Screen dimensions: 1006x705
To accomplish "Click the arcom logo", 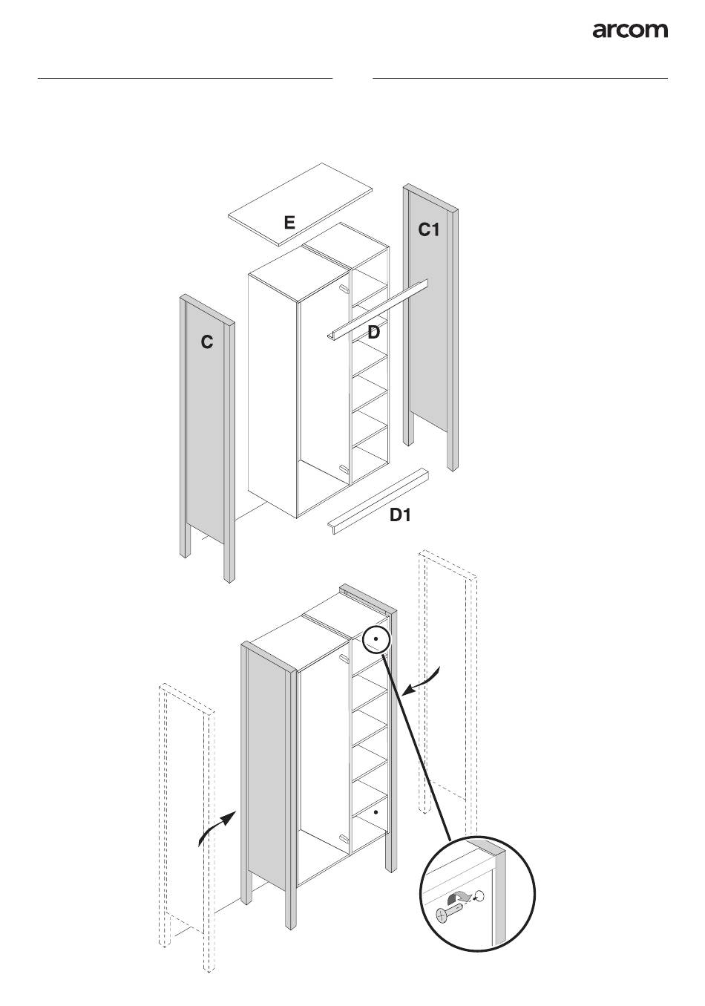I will click(629, 30).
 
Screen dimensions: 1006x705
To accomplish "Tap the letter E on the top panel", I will click(289, 222).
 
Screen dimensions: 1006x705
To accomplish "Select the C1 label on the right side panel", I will click(429, 230).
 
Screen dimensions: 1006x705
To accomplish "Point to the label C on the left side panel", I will click(207, 342).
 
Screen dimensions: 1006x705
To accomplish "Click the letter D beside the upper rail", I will click(374, 333).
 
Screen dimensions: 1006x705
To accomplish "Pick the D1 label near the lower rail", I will click(401, 515).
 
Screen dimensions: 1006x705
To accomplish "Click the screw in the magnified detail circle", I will click(448, 910).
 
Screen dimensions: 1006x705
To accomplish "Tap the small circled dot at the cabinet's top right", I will click(377, 638).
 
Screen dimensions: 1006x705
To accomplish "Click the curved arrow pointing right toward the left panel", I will click(217, 826).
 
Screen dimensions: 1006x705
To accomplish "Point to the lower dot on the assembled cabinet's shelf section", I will click(377, 813).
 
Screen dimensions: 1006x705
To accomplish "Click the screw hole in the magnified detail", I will click(479, 895).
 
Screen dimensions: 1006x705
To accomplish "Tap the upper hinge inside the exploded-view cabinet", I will click(343, 288).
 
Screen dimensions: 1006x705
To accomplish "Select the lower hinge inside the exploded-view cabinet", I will click(343, 468).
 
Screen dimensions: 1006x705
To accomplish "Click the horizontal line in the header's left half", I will click(185, 77).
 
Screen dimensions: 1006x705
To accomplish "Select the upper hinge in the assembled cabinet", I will click(343, 658).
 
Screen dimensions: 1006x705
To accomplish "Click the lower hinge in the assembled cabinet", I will click(343, 837).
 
